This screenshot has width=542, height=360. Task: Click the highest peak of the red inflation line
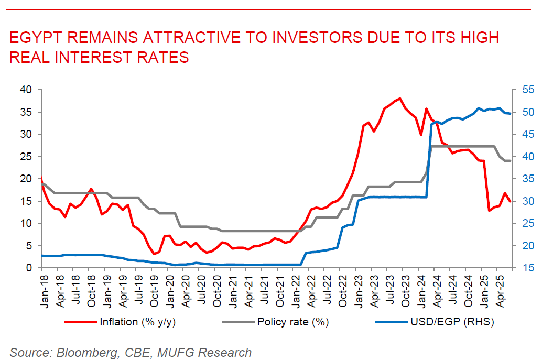point(400,98)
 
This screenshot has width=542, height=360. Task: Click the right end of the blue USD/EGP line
point(510,114)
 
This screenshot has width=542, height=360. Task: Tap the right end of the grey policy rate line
point(510,161)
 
